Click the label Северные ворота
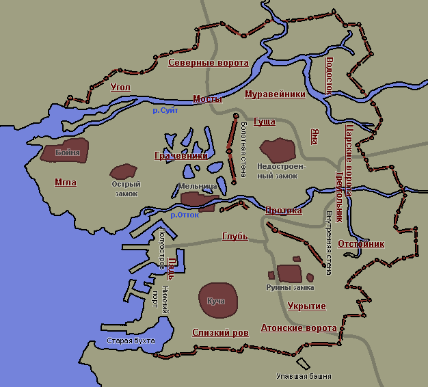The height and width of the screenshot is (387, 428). (208, 63)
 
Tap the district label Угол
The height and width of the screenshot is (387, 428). (120, 88)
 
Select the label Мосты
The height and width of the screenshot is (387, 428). (207, 99)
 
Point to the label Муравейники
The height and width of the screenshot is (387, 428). (275, 94)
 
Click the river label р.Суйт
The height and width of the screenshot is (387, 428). (165, 110)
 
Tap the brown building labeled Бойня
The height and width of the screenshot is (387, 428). (68, 153)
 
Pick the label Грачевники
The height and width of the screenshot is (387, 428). (180, 156)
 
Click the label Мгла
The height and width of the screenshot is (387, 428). (66, 183)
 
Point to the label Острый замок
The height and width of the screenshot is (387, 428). (125, 189)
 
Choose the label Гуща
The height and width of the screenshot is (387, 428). (264, 122)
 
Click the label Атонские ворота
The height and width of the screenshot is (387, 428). (299, 328)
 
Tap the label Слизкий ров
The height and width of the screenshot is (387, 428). (220, 332)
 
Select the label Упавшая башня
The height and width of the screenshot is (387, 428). (303, 376)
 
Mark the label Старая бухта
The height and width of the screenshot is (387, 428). (131, 341)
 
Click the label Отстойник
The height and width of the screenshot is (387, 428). (361, 244)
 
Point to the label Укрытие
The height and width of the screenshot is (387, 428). (306, 306)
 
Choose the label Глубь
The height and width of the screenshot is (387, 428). (235, 237)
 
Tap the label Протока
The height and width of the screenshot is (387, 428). (283, 211)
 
